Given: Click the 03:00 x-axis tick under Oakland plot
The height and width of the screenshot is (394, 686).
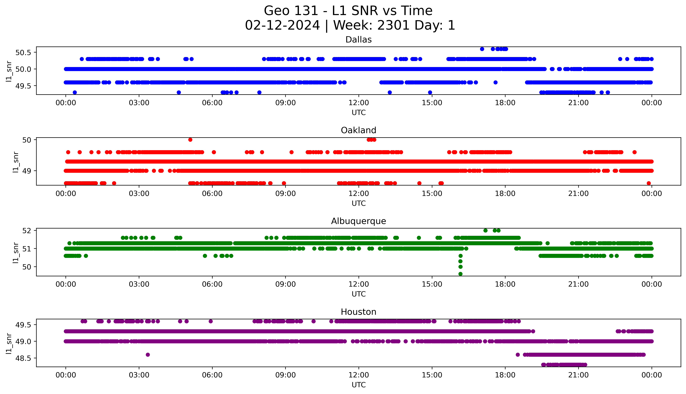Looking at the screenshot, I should click(139, 193).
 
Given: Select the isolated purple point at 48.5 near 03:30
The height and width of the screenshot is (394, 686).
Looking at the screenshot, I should click(148, 355).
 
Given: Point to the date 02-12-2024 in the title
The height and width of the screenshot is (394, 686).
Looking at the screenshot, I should click(282, 25).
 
